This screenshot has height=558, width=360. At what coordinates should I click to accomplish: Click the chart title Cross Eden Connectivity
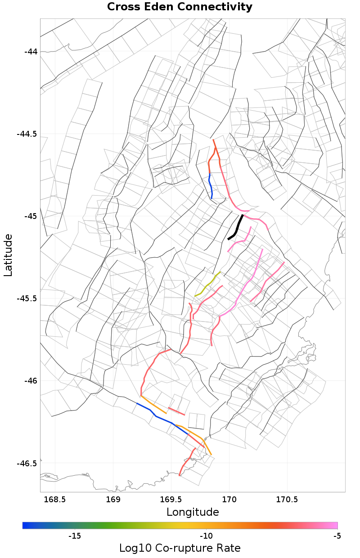coord(180,7)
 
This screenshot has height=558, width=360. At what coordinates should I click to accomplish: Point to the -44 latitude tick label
coord(31,52)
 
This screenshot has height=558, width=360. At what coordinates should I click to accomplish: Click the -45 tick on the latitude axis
coord(31,216)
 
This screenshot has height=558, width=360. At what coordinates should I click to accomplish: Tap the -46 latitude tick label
coord(31,381)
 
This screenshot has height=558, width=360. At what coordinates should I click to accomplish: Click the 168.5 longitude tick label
coord(54,500)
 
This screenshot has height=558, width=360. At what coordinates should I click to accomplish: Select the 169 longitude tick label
coord(112,500)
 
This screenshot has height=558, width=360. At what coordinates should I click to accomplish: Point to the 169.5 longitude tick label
coord(171,500)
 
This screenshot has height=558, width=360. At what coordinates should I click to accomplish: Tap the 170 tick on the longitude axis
coord(229,500)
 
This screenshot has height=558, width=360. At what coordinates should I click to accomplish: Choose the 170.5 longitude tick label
coord(288,500)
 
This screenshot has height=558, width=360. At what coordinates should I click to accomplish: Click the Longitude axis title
coord(193,512)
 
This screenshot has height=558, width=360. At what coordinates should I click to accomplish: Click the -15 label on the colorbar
coord(74,536)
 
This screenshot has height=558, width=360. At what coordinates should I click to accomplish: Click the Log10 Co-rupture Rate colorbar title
coord(180,548)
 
